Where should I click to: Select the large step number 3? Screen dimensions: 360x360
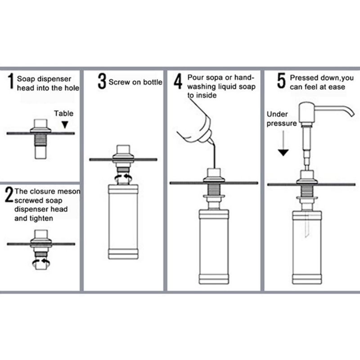102,81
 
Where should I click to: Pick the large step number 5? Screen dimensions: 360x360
282,81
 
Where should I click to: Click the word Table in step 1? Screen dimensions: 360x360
64,114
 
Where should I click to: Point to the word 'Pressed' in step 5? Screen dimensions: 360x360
302,77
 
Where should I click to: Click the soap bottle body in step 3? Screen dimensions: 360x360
124,220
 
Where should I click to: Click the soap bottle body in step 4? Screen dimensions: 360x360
214,243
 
